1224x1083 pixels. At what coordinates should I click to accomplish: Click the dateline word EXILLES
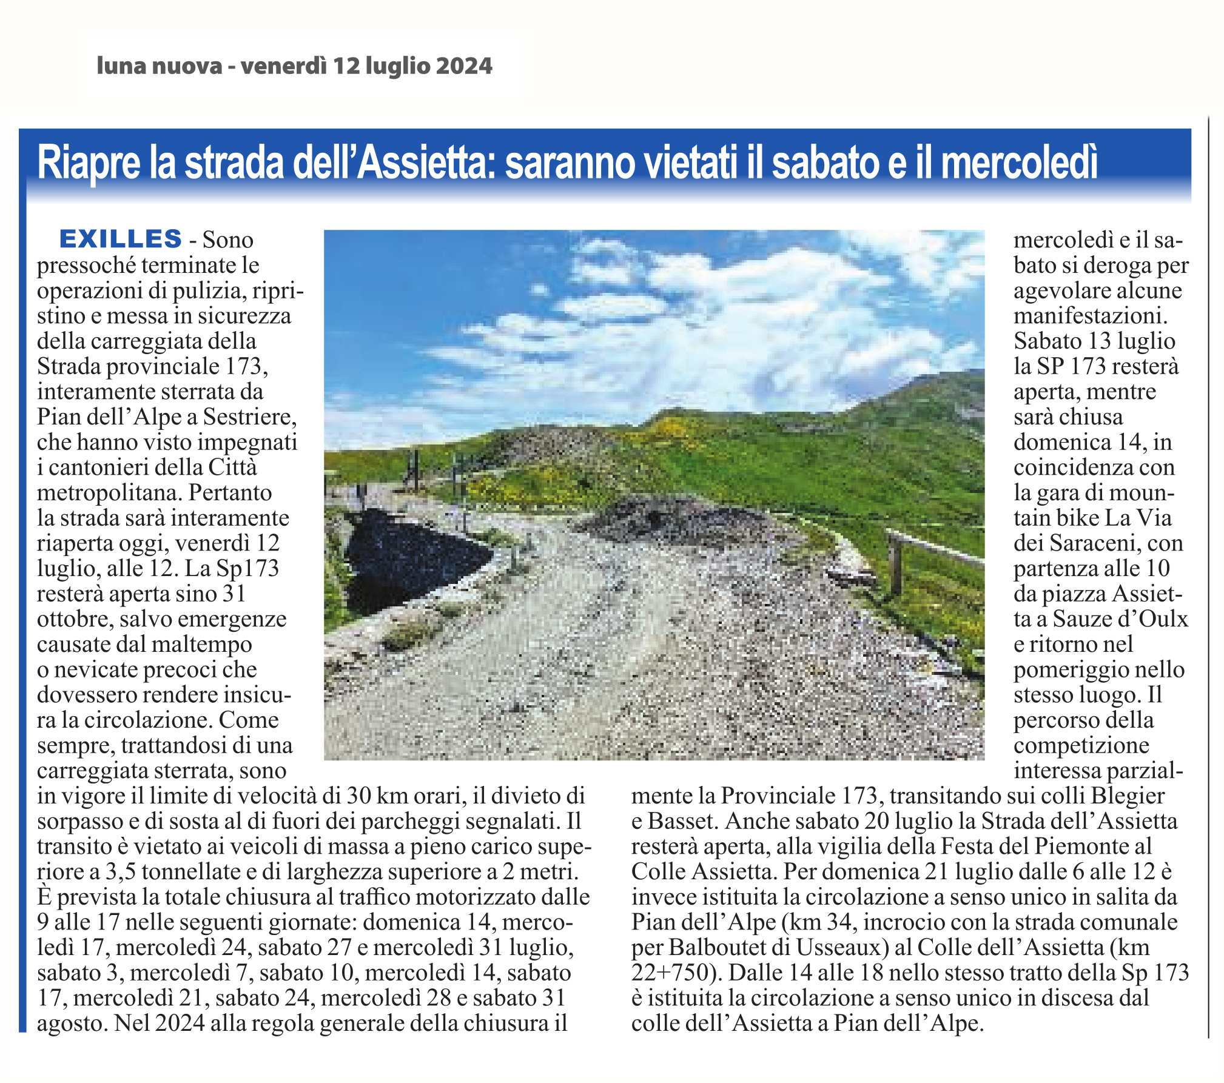[x=120, y=239]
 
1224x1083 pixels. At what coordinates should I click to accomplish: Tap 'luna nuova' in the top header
[x=159, y=65]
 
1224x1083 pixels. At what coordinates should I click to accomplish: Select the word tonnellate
[x=190, y=871]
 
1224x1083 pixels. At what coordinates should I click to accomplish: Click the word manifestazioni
[x=1090, y=316]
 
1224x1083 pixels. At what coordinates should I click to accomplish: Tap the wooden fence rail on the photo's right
[x=934, y=549]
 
